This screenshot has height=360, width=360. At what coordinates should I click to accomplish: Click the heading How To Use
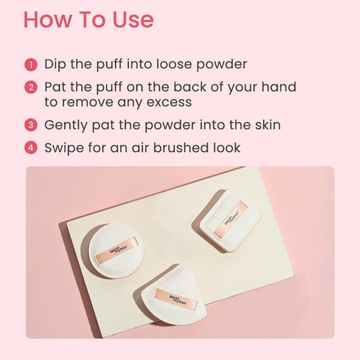88,20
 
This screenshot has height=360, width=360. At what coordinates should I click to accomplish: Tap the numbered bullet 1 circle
31,65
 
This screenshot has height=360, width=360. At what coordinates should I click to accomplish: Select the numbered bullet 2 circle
31,88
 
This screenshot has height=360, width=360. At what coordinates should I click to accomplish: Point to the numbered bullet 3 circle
31,125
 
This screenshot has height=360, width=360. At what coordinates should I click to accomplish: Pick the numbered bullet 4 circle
31,147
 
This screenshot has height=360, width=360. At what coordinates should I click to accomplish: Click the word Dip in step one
57,65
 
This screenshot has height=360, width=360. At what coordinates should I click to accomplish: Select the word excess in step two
168,102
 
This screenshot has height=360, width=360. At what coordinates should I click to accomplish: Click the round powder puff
112,251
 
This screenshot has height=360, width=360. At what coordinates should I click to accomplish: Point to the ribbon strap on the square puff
231,217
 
